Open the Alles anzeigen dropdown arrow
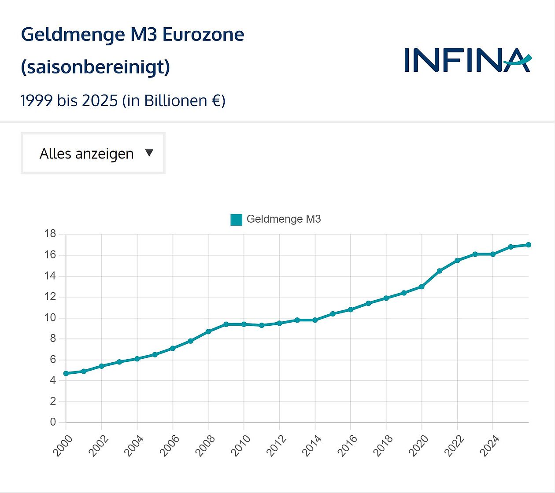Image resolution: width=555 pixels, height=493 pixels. [x=149, y=153]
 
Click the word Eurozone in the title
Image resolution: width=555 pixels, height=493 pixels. [x=203, y=35]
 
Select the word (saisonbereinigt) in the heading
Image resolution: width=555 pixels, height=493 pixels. [x=95, y=67]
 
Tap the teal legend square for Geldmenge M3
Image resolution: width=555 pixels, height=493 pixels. [x=237, y=219]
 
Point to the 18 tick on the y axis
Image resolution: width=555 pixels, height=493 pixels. [x=50, y=234]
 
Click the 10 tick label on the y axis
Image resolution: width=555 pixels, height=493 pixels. [x=50, y=318]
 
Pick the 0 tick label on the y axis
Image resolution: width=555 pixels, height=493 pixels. [x=53, y=422]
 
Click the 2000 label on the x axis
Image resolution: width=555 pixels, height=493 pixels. [x=63, y=445]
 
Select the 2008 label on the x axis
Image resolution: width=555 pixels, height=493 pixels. [x=205, y=445]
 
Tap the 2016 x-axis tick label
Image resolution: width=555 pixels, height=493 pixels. [x=347, y=445]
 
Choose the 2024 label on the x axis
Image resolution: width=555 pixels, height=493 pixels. [x=489, y=445]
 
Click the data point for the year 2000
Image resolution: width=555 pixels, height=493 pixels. [x=66, y=373]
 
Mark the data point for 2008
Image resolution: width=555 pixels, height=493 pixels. [x=208, y=331]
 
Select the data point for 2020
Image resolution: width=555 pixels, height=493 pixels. [x=422, y=287]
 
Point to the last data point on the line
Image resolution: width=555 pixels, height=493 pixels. [x=528, y=245]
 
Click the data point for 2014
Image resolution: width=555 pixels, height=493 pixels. [x=315, y=320]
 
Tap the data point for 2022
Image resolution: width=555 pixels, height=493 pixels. [x=457, y=261]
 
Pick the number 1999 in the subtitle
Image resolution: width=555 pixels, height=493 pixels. [x=37, y=101]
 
